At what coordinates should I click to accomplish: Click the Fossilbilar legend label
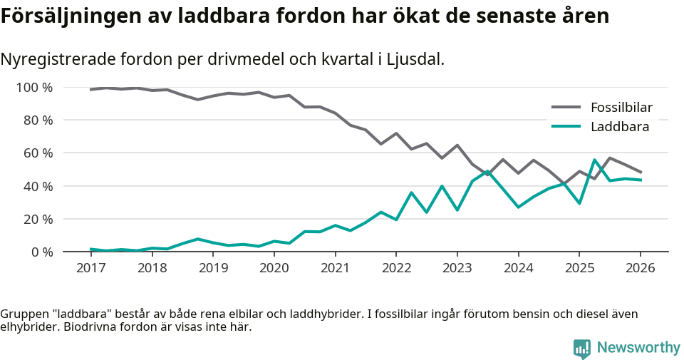coord(621,108)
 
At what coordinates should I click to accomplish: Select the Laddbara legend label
coord(619,127)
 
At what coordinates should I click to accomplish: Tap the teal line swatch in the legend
coord(567,127)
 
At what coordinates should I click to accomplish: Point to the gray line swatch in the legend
coord(567,108)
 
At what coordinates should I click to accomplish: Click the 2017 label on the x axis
coord(90,268)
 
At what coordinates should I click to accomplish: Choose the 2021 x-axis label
coord(335,268)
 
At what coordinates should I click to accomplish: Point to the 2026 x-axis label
coord(640,268)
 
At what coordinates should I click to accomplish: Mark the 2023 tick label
coord(457,268)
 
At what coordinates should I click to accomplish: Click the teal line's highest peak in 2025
coord(594,160)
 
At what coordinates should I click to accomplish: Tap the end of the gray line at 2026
coord(640,172)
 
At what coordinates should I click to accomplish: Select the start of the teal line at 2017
coord(91,249)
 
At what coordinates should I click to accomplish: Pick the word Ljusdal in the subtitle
coord(415,59)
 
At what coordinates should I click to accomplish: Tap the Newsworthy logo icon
coord(582,348)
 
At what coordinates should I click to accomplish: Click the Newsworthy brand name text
coord(638,348)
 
